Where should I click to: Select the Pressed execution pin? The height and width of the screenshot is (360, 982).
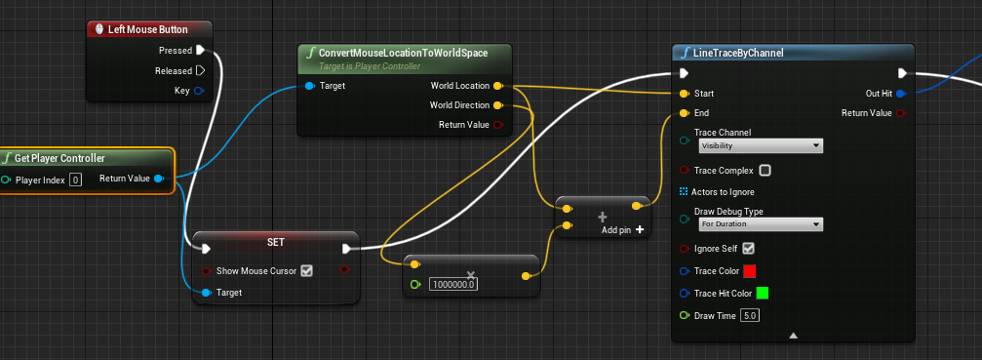(x=200, y=50)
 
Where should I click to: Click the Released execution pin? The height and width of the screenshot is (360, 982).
(x=200, y=70)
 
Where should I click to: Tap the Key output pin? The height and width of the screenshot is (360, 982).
(x=200, y=91)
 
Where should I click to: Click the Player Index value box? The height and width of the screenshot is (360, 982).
(x=75, y=180)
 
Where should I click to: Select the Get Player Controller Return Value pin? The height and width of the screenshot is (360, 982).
(x=159, y=179)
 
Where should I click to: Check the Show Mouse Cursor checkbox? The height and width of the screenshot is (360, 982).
(x=306, y=270)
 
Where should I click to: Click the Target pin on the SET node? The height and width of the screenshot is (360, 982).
(x=206, y=292)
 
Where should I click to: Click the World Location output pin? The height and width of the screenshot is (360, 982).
(x=498, y=86)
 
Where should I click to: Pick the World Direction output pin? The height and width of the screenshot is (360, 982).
(x=498, y=105)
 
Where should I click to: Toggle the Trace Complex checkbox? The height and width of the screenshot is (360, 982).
(x=765, y=171)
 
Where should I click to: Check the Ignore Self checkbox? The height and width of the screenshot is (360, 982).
(x=749, y=248)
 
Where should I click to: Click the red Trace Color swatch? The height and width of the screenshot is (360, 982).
(x=749, y=270)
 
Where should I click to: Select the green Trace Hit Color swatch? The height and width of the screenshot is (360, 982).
(x=763, y=293)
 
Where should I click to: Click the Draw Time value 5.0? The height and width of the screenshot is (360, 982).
(x=749, y=315)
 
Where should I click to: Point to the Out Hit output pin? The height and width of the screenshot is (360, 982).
(x=900, y=94)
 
